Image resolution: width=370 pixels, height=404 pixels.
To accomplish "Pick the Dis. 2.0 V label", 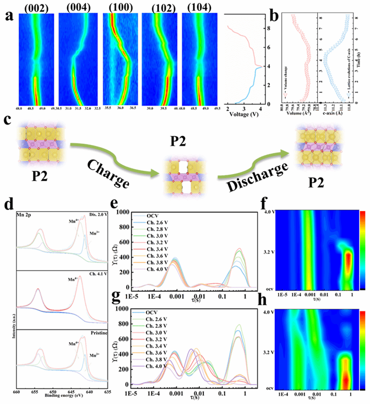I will [107, 207].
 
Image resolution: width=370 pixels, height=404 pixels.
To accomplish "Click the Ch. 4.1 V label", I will [108, 270].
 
